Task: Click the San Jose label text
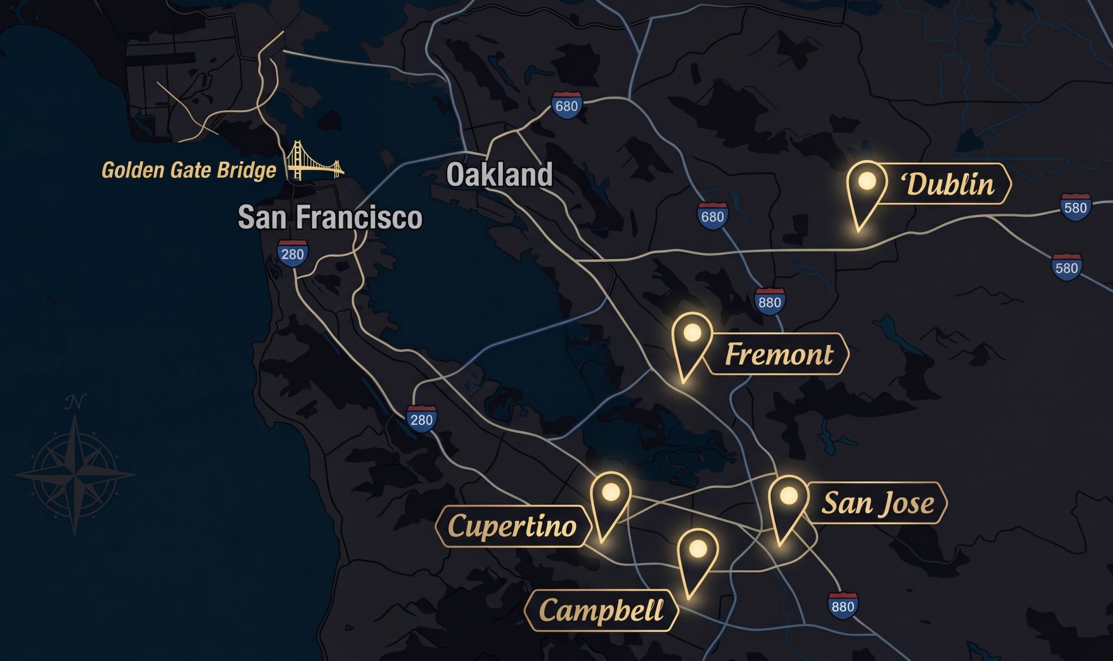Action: pos(877,503)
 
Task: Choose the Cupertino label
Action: pos(512,526)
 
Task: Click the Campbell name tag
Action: pos(601,610)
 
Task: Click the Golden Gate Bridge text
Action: pos(189,170)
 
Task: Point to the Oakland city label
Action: pos(499,174)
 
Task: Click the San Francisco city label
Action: pos(330,217)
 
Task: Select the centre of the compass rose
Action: pos(74,474)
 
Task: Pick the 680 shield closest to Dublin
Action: pos(712,216)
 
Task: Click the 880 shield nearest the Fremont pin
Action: pos(770,302)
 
